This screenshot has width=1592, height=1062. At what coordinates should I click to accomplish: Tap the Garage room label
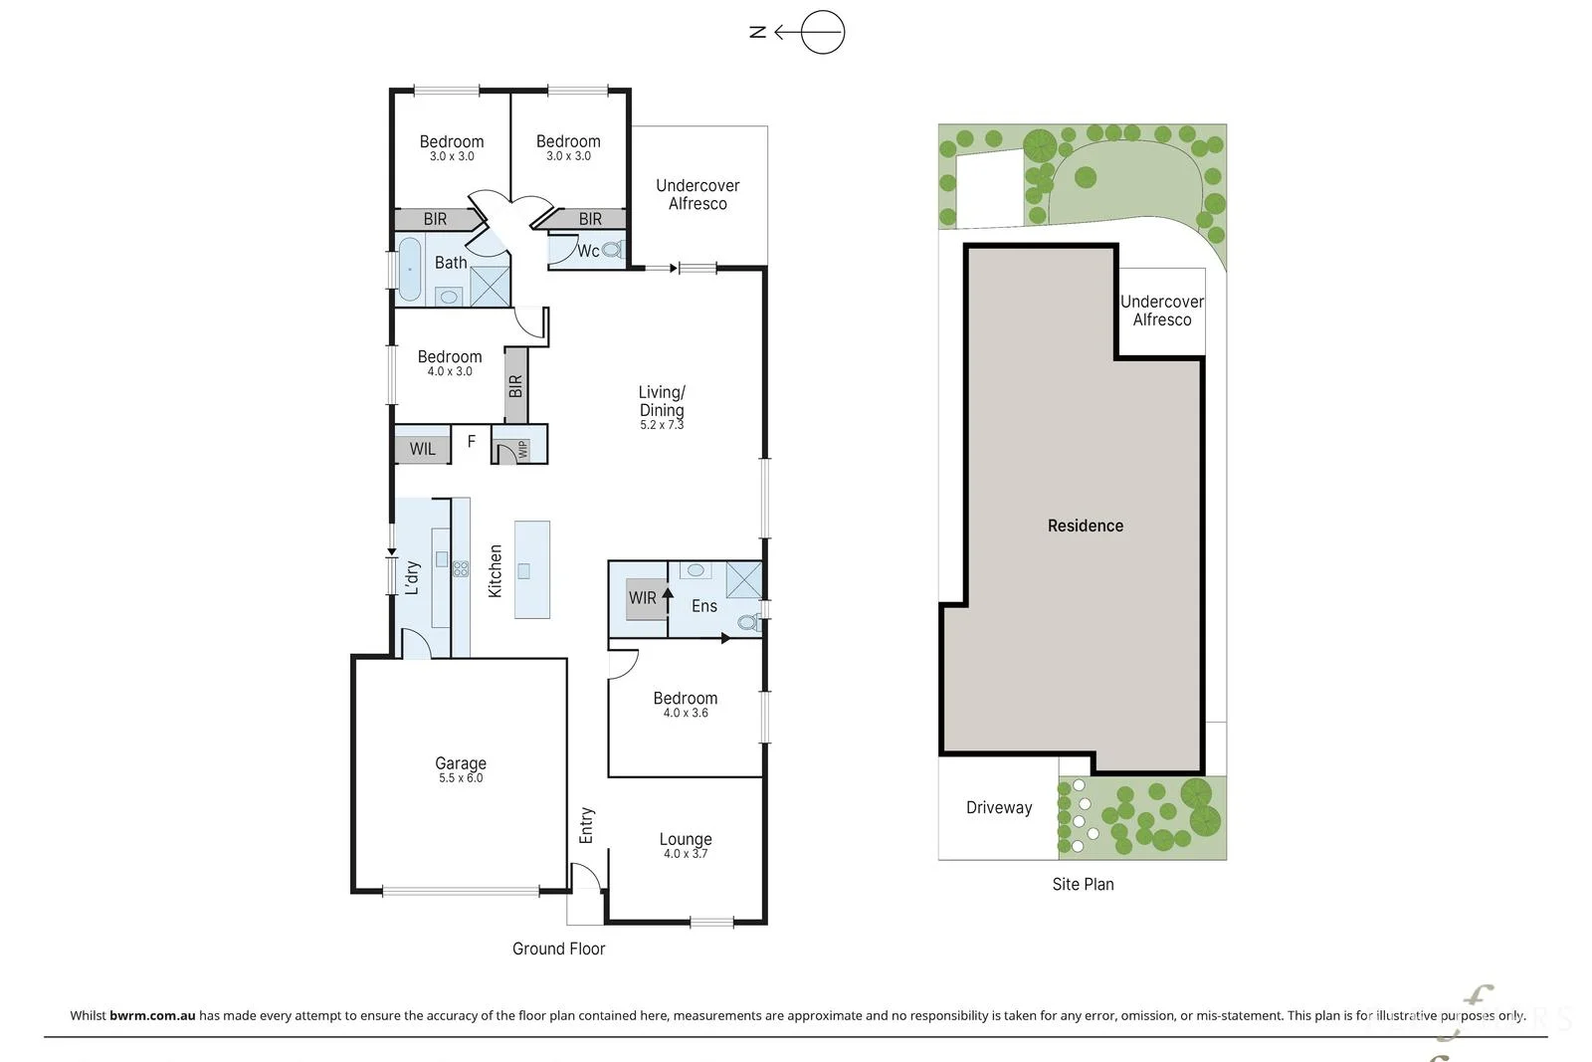pyautogui.click(x=461, y=763)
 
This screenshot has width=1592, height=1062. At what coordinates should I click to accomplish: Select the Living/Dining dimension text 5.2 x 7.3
pyautogui.click(x=662, y=425)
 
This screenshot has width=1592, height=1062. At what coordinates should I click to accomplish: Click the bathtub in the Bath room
pyautogui.click(x=409, y=270)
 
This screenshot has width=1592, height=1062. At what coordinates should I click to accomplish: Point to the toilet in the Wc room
pyautogui.click(x=611, y=250)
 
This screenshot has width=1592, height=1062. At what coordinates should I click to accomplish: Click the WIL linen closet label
pyautogui.click(x=422, y=449)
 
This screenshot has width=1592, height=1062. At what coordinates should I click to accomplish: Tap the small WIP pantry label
pyautogui.click(x=523, y=449)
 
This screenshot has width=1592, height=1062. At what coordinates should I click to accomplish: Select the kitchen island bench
pyautogui.click(x=532, y=569)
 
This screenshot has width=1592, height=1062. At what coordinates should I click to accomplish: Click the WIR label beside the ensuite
pyautogui.click(x=643, y=598)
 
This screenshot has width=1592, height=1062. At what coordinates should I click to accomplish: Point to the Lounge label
pyautogui.click(x=686, y=839)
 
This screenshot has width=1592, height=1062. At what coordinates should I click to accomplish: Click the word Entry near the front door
pyautogui.click(x=586, y=825)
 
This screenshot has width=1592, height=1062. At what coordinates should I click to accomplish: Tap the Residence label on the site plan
pyautogui.click(x=1086, y=526)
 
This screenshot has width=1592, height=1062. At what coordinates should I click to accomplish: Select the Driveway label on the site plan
pyautogui.click(x=999, y=807)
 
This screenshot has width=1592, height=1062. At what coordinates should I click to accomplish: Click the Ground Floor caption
pyautogui.click(x=558, y=949)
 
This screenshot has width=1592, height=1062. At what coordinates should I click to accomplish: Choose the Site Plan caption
pyautogui.click(x=1084, y=884)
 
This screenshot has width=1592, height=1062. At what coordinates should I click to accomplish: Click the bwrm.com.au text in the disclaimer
pyautogui.click(x=152, y=1015)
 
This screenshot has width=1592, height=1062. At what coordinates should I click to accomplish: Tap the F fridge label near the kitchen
pyautogui.click(x=472, y=442)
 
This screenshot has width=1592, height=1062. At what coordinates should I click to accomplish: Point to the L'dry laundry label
pyautogui.click(x=412, y=577)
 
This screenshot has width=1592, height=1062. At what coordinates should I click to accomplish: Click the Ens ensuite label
pyautogui.click(x=704, y=605)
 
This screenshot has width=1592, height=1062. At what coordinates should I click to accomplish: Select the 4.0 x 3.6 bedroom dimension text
pyautogui.click(x=686, y=713)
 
